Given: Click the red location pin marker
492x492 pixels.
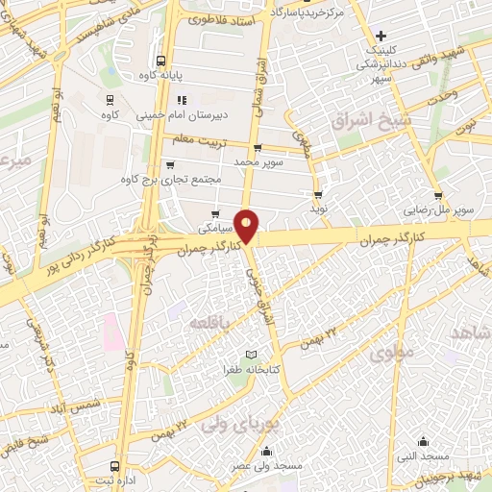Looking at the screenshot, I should [x=247, y=225].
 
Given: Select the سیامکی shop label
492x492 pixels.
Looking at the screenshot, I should [x=214, y=229].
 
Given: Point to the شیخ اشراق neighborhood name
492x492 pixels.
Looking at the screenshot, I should [x=370, y=120].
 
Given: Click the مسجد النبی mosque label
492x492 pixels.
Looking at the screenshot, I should [x=421, y=456].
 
